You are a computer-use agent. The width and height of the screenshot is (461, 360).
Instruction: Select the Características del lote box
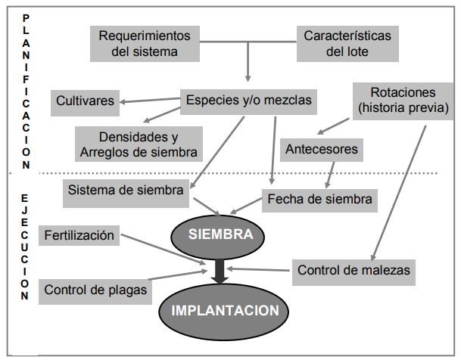pos(347,44)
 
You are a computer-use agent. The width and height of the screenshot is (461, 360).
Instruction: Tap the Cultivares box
pos(85,100)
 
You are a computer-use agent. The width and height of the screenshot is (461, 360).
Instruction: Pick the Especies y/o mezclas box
pos(248,99)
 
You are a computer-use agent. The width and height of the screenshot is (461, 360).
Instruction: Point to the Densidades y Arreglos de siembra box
pos(139,144)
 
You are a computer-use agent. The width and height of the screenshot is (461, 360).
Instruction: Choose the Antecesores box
pos(322,149)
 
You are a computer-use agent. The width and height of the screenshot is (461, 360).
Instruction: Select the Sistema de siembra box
pos(126,191)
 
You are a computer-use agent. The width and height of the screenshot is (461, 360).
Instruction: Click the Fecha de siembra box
pos(319,200)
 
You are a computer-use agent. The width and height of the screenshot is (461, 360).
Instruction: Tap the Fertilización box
pos(79,235)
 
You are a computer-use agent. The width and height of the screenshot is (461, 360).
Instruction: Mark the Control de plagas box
pos(95,289)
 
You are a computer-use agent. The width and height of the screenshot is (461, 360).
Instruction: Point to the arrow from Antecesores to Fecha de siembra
pos(329,175)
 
